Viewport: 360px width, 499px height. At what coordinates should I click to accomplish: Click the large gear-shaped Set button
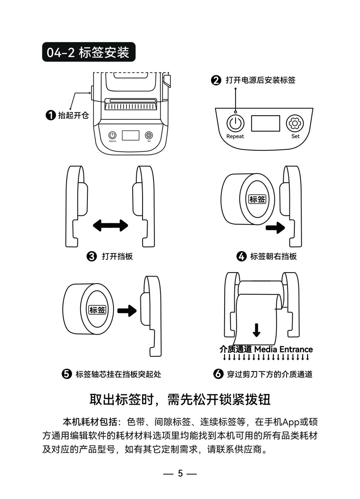[x=295, y=123]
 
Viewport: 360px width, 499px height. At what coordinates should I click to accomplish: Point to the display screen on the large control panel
[x=266, y=123]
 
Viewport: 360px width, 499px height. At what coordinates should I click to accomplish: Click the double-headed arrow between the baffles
[x=110, y=225]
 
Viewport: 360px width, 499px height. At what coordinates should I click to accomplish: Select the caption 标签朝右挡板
[x=273, y=256]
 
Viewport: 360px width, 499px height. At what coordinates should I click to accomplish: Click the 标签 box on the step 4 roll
[x=257, y=199]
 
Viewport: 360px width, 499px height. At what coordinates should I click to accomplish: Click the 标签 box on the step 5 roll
[x=97, y=310]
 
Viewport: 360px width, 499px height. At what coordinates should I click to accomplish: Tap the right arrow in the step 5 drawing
[x=127, y=311]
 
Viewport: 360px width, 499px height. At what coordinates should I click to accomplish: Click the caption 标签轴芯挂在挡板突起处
[x=118, y=374]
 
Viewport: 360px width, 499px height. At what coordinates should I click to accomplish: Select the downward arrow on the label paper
[x=257, y=330]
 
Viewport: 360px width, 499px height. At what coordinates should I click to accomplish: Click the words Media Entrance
[x=283, y=350]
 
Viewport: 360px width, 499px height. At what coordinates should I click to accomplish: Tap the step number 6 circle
[x=218, y=374]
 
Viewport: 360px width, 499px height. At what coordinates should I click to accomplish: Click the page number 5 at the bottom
[x=180, y=473]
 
